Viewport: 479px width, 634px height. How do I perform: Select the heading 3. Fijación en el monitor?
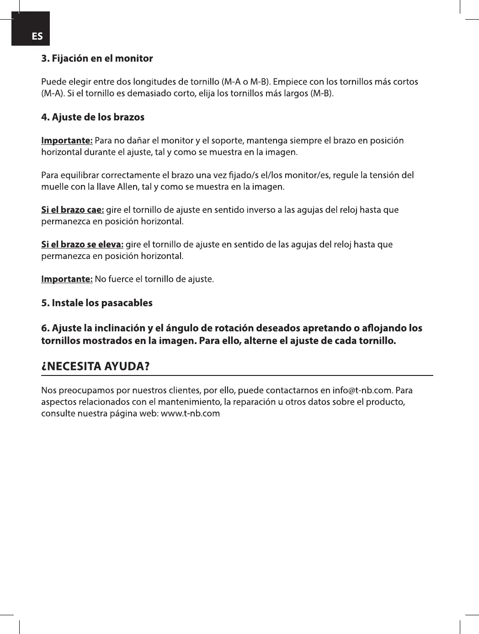(x=97, y=58)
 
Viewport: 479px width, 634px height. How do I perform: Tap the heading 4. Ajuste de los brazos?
(x=93, y=117)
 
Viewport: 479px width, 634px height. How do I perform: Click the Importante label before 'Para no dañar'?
(x=67, y=140)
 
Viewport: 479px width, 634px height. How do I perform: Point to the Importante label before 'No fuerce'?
(x=67, y=279)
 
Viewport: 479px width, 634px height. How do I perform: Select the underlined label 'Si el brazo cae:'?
(x=72, y=210)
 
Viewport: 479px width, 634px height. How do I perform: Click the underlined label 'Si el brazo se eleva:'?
(x=82, y=244)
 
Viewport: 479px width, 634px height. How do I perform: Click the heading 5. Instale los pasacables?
(x=97, y=303)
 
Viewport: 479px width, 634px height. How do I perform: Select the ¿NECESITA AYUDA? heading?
(x=96, y=366)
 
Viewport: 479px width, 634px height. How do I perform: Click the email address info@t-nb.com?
(x=362, y=391)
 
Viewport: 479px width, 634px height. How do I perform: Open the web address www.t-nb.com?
(x=191, y=414)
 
